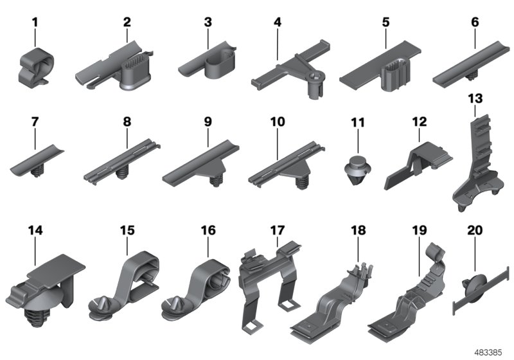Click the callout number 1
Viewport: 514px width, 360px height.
pyautogui.click(x=35, y=23)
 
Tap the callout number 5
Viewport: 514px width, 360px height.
pyautogui.click(x=385, y=22)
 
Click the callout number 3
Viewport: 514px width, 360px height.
pyautogui.click(x=208, y=22)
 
